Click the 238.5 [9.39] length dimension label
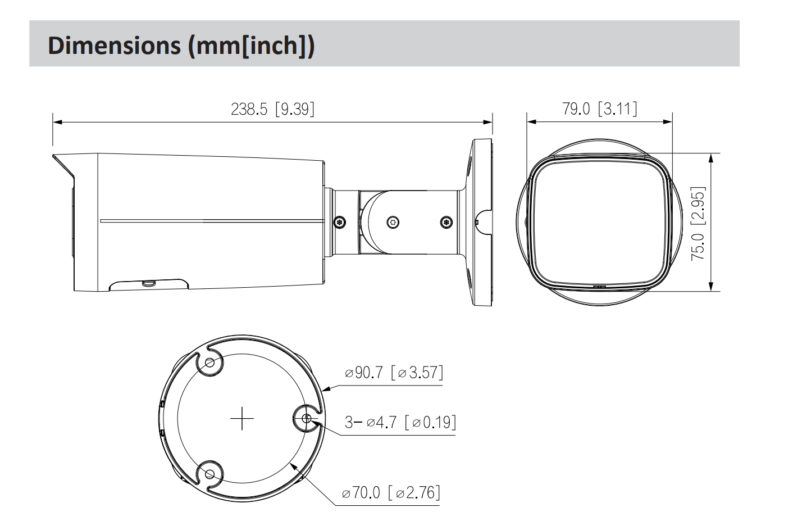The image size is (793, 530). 272,108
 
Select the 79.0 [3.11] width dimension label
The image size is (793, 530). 599,108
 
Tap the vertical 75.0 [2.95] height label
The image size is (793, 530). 698,223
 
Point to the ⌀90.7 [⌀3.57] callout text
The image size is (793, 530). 394,372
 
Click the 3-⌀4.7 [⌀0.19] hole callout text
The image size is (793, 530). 400,422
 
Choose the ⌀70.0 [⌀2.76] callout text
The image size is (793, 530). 391,493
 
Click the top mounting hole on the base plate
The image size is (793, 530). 210,363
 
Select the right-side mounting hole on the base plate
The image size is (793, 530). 306,419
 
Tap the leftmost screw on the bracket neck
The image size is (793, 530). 339,222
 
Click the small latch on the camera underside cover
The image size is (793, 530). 148,283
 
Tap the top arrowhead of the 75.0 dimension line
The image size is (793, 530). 712,157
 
